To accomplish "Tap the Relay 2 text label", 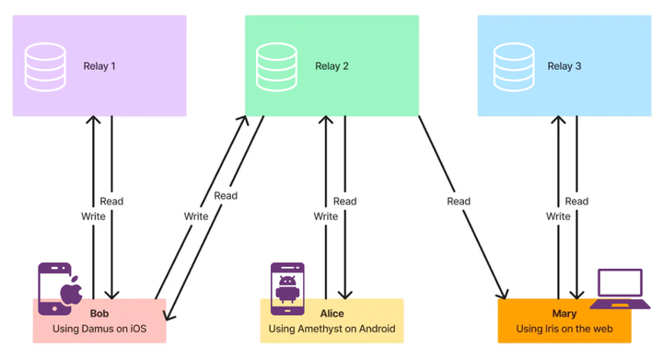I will point(331,66).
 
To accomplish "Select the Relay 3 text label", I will point(564,66).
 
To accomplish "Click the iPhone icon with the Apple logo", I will point(56,285).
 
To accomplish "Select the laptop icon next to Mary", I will point(619,289).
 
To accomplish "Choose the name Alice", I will point(331,314).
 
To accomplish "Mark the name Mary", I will point(564,314).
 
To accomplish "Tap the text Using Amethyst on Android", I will point(331,329).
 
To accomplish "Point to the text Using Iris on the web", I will point(564,329).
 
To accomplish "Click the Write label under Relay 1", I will point(94,216).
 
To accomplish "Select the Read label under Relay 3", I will point(576,202).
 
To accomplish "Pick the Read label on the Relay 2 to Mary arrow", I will point(459,202).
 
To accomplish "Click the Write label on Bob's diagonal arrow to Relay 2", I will point(196,216).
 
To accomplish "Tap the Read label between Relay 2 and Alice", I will point(344,202).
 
